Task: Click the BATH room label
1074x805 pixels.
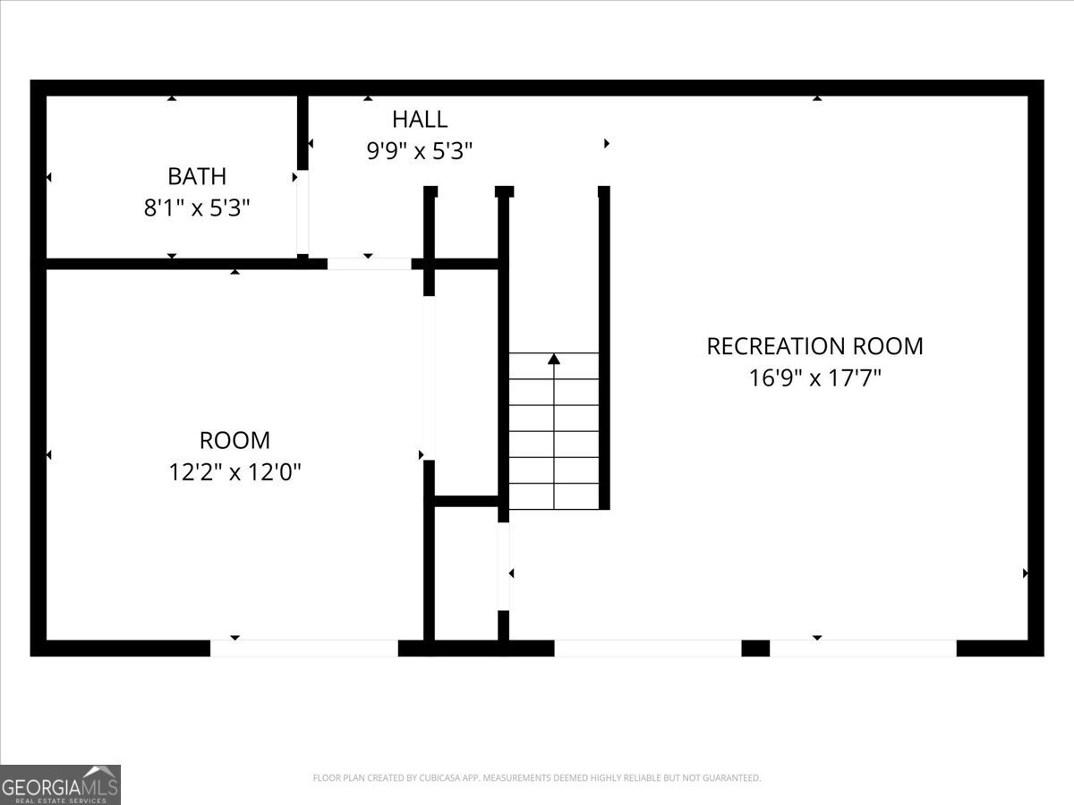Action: point(197,176)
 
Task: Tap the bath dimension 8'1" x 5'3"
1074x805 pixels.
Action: point(197,208)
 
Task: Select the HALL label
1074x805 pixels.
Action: point(420,119)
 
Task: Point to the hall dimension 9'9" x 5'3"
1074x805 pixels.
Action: point(420,151)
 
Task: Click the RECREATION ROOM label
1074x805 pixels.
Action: point(814,346)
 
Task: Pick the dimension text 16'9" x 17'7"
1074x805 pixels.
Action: point(814,378)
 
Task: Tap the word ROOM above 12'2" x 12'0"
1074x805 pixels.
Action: point(234,440)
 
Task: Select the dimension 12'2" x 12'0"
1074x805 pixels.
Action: point(234,472)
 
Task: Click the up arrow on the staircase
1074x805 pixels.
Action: point(554,360)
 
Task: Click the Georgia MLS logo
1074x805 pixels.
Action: point(60,784)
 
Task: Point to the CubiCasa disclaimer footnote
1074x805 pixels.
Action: point(537,778)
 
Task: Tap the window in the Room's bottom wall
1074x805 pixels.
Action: point(304,648)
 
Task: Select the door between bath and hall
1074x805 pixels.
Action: point(303,212)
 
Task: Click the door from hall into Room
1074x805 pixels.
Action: point(369,264)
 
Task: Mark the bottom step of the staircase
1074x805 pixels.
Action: point(554,496)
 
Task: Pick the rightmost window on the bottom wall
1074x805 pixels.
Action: point(863,648)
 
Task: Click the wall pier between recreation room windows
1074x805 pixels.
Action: point(755,648)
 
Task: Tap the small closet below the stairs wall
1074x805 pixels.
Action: point(466,572)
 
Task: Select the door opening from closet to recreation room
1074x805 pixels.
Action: point(504,566)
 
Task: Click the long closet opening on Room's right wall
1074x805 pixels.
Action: point(429,377)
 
